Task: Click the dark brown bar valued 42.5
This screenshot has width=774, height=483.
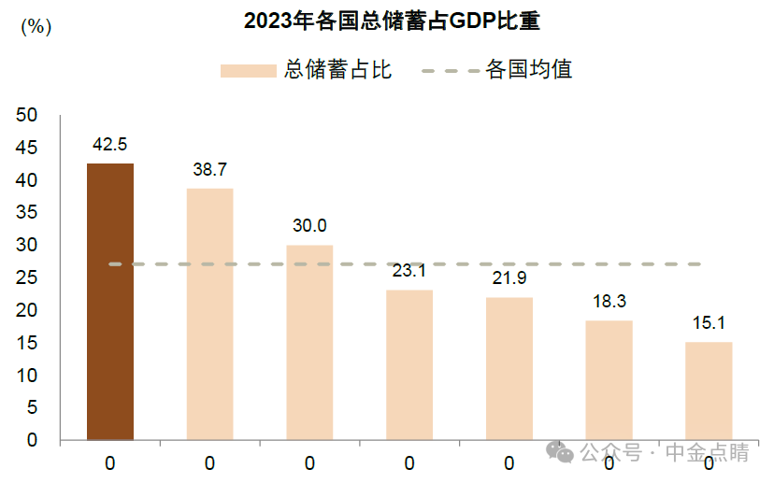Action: point(110,301)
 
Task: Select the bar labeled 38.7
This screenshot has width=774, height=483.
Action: point(209,314)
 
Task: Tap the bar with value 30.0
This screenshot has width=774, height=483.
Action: point(309,342)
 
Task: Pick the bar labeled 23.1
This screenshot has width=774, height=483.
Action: point(409,364)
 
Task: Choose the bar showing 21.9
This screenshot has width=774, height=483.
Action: point(509,368)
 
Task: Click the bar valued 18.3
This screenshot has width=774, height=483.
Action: point(609,380)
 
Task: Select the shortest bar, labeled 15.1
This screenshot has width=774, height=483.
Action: point(709,391)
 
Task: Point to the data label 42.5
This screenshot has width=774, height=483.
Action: point(110,145)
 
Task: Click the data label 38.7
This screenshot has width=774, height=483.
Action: point(209,169)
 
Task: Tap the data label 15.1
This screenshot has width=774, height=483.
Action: point(709,323)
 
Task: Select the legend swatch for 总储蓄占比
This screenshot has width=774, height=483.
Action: point(248,71)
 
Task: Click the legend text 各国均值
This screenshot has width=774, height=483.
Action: point(529,70)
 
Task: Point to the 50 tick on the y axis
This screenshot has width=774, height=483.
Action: point(26,115)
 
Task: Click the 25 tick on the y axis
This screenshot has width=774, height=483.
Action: point(26,277)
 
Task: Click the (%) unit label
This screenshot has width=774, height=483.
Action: point(36,27)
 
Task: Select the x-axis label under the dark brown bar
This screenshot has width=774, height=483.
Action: point(110,462)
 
